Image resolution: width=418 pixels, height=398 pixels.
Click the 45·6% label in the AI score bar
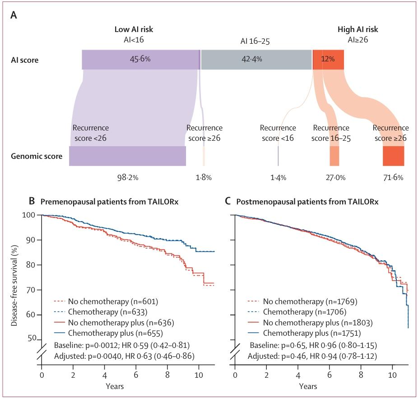click(x=140, y=59)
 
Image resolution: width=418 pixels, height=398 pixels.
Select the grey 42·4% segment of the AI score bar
click(x=256, y=60)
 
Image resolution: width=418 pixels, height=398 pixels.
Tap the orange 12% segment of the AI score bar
click(x=328, y=60)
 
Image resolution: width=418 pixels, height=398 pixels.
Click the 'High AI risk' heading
click(x=358, y=29)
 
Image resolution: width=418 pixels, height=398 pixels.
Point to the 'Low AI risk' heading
click(x=134, y=29)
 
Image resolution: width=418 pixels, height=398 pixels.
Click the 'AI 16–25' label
click(x=255, y=42)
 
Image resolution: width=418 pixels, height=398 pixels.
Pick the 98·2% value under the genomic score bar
click(x=128, y=177)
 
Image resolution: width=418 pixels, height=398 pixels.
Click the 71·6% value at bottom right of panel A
click(x=393, y=177)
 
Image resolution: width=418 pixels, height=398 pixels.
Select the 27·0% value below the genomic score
click(x=336, y=177)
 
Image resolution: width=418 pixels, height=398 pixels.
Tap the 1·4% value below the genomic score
click(x=279, y=177)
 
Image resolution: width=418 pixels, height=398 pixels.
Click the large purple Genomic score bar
click(x=127, y=156)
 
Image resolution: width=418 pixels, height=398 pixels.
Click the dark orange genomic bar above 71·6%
click(x=394, y=156)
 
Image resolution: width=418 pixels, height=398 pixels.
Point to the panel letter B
click(x=32, y=201)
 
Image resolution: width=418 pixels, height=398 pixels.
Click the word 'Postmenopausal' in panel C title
click(x=266, y=202)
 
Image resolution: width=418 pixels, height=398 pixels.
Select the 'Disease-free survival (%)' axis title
click(x=14, y=286)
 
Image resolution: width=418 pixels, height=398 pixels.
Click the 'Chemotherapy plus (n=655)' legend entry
click(x=116, y=333)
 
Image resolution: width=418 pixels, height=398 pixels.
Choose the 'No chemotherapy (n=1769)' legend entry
click(x=310, y=301)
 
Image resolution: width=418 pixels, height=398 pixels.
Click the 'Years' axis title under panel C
click(x=308, y=386)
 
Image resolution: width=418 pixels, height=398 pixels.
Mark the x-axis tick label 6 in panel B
click(x=136, y=375)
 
